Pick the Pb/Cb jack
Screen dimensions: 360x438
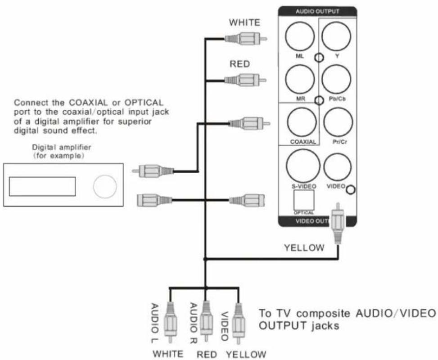[x=337, y=79]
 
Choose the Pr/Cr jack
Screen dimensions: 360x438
[x=337, y=123]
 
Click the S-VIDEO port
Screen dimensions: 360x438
[x=303, y=165]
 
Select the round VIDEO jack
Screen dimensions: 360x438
[x=337, y=167]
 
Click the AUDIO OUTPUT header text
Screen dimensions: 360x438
[x=317, y=11]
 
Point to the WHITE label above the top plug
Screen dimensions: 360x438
[x=245, y=22]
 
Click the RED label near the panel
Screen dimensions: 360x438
[x=239, y=64]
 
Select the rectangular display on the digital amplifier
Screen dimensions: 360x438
[x=42, y=186]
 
